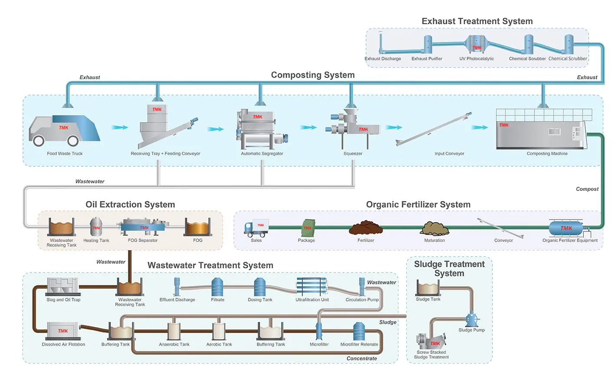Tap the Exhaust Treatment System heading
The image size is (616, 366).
click(x=477, y=21)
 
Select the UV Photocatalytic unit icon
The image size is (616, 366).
click(x=477, y=45)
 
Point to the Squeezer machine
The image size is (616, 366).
click(x=352, y=126)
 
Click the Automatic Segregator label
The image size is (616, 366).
click(x=262, y=154)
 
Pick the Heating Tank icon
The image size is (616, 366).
click(x=96, y=227)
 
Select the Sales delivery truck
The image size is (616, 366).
click(x=256, y=228)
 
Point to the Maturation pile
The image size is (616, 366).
click(x=434, y=229)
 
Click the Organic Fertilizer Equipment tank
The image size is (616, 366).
click(x=566, y=228)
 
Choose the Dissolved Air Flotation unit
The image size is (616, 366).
click(x=63, y=331)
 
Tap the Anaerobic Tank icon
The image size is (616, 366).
click(x=174, y=332)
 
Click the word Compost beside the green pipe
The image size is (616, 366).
click(x=587, y=189)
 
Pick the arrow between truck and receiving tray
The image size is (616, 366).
click(x=120, y=127)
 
